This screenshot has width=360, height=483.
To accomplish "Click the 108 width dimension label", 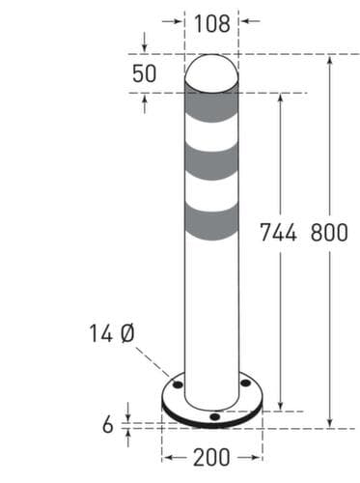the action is pos(212,24).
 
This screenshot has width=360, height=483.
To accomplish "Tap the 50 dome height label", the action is pos(144,73).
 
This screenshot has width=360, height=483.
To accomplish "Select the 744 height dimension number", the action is pos(278,233).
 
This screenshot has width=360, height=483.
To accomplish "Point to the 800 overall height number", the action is pos(329,233).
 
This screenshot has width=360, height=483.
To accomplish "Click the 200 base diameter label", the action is pos(211,457).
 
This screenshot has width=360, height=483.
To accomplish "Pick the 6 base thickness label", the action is pos(108,424).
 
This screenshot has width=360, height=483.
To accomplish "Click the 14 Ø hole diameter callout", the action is pos(111,333).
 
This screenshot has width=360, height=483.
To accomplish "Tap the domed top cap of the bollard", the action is pos(211,73).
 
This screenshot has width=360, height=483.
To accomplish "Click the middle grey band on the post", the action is pos(211,162).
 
